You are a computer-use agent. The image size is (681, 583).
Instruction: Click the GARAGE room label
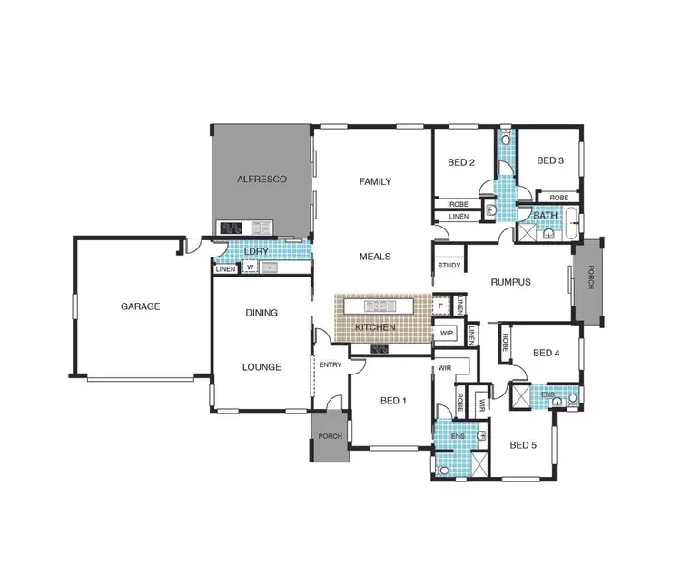[140, 306]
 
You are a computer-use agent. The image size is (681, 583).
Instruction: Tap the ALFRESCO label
[262, 180]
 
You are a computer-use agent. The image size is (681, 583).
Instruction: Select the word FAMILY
[375, 181]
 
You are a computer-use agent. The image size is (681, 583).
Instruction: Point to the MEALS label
[375, 257]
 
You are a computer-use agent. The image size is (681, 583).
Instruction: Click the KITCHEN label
[376, 326]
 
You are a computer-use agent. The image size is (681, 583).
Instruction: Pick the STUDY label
[449, 266]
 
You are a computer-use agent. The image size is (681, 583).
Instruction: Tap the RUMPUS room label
[511, 282]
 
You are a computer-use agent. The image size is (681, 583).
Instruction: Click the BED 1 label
[392, 401]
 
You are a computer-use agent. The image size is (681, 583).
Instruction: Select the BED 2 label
[462, 163]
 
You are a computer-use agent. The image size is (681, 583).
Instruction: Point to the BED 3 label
[550, 161]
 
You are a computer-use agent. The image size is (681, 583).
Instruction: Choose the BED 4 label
[547, 353]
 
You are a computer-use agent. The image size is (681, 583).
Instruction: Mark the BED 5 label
[524, 445]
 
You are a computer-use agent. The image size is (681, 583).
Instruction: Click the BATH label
[546, 215]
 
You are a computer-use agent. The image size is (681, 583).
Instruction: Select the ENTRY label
[331, 364]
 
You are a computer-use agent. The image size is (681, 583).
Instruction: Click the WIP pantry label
[446, 334]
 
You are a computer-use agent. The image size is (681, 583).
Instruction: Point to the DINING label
[262, 313]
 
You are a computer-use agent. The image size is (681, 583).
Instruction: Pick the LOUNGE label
[262, 367]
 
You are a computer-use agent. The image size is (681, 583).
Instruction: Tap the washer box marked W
[248, 268]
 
